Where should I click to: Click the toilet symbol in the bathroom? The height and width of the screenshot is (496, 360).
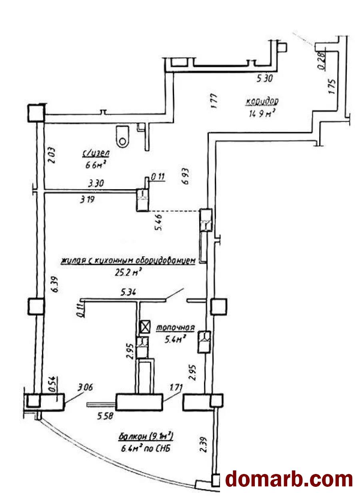coord(123,136)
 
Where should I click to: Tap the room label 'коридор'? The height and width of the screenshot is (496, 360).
coord(262,101)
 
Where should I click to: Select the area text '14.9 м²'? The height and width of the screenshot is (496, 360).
coord(262,113)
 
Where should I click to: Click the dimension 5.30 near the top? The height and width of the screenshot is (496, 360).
coord(264,79)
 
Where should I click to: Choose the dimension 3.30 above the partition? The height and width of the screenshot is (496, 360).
coord(96,184)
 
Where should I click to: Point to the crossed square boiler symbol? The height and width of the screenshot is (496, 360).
coord(144,328)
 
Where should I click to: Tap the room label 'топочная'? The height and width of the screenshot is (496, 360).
coord(175,328)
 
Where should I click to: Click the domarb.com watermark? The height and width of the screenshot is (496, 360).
coord(289,479)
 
